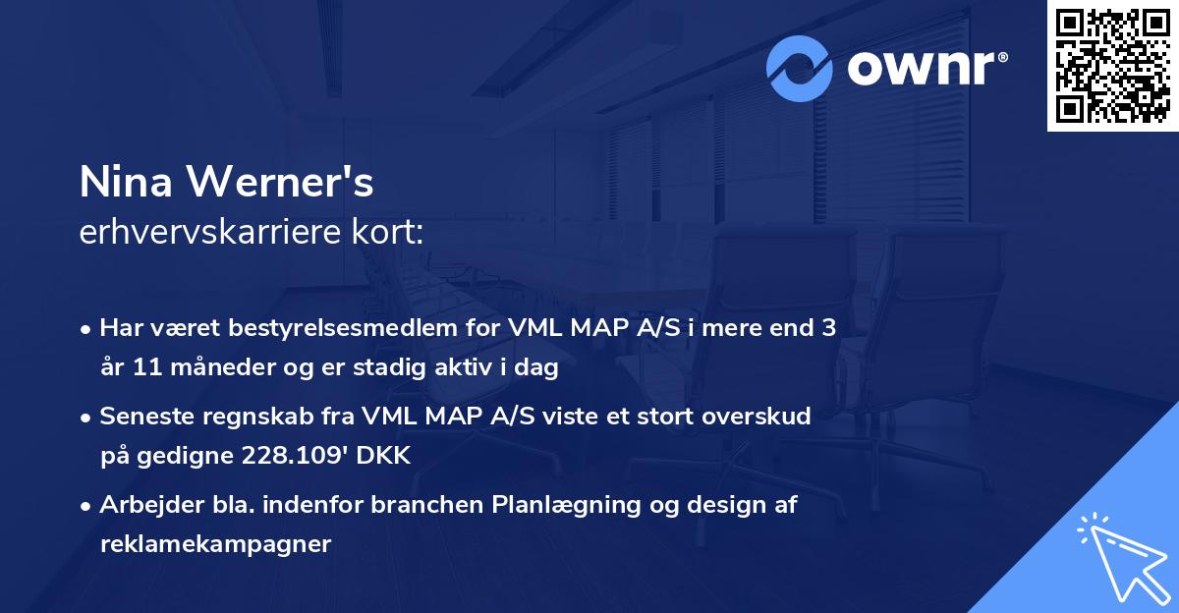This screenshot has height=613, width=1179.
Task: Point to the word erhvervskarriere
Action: pyautogui.click(x=206, y=234)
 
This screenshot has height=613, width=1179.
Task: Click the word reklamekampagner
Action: pyautogui.click(x=216, y=544)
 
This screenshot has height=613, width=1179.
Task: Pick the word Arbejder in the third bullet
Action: pyautogui.click(x=145, y=505)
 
